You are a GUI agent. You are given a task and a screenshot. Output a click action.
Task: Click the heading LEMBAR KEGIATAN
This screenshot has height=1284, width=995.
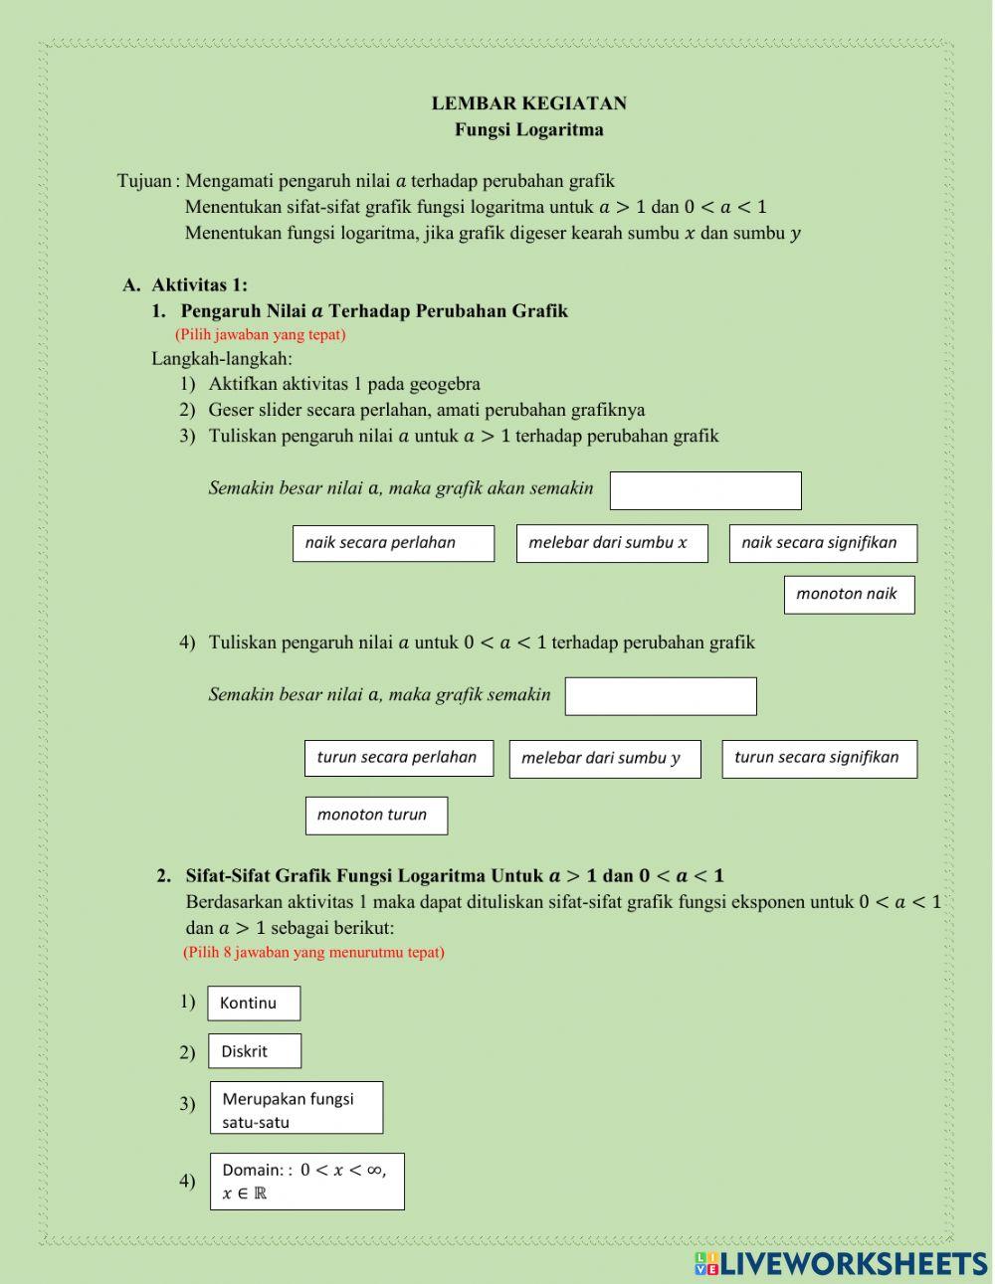tap(528, 103)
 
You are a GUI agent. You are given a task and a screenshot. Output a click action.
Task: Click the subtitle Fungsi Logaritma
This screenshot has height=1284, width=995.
tap(528, 129)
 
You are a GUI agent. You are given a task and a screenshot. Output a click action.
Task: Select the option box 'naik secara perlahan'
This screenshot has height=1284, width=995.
tap(393, 543)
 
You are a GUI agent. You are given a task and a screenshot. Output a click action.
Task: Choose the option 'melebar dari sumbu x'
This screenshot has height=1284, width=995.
tap(612, 543)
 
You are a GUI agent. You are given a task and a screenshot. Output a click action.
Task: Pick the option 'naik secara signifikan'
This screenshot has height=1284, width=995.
tap(823, 543)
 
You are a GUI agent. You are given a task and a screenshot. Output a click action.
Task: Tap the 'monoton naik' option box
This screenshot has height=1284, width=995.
tap(849, 594)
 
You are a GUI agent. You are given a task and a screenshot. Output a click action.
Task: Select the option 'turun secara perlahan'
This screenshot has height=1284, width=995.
tap(398, 758)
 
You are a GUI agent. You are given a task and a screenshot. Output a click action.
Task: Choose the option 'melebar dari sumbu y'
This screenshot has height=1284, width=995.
tap(605, 759)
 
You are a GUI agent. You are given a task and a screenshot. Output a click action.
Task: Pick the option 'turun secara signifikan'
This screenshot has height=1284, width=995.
tap(819, 758)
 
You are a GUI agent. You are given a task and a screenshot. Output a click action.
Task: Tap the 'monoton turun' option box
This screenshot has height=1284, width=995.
tap(376, 815)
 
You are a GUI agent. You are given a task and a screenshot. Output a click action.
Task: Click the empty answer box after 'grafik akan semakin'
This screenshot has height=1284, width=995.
tap(705, 490)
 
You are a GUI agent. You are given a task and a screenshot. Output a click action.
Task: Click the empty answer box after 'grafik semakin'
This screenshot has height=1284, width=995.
tap(661, 696)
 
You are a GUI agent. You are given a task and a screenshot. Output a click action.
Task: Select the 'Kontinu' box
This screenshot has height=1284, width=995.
tap(254, 1003)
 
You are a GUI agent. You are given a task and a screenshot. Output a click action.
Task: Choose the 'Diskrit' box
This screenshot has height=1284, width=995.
tap(255, 1051)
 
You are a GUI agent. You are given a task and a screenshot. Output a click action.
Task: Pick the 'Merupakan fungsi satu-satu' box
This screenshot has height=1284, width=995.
tap(297, 1108)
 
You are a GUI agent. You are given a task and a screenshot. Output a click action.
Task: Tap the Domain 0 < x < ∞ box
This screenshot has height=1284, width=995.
tap(307, 1182)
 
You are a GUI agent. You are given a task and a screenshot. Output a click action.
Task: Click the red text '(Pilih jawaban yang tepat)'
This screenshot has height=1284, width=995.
tap(261, 334)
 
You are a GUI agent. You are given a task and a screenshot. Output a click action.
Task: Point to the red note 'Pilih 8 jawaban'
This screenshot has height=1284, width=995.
tap(313, 952)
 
